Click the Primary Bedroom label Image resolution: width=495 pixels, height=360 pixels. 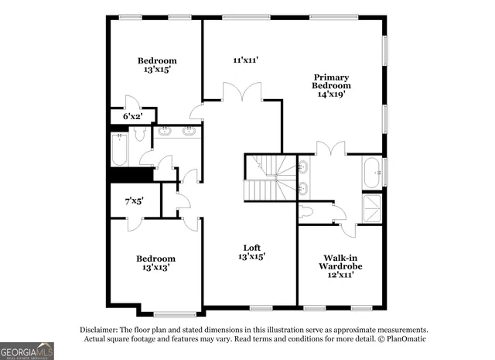pyautogui.click(x=331, y=81)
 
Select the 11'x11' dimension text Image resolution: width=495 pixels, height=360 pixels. pyautogui.click(x=245, y=60)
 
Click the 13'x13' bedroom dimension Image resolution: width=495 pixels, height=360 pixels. pyautogui.click(x=155, y=267)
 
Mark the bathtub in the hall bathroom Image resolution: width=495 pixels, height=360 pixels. pyautogui.click(x=119, y=149)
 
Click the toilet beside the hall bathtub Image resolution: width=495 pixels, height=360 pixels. pyautogui.click(x=139, y=135)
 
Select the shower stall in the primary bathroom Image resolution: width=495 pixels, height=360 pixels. pyautogui.click(x=373, y=204)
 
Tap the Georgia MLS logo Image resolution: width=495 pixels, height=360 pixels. pyautogui.click(x=27, y=351)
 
